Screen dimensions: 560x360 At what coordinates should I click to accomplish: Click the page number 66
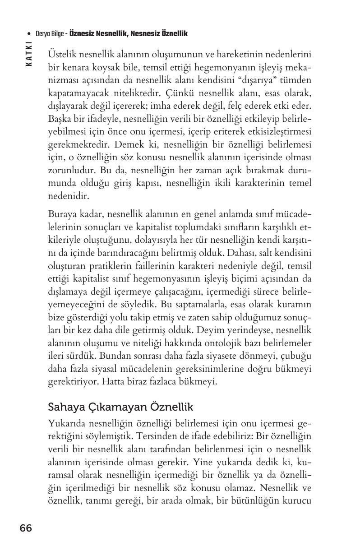(26, 528)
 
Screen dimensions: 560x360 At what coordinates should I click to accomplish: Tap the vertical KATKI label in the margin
(29, 54)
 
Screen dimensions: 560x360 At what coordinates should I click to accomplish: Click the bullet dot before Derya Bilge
(29, 34)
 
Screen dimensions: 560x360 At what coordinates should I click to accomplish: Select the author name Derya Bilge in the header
(50, 34)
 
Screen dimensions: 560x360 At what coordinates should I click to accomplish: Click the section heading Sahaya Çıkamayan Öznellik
(120, 407)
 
